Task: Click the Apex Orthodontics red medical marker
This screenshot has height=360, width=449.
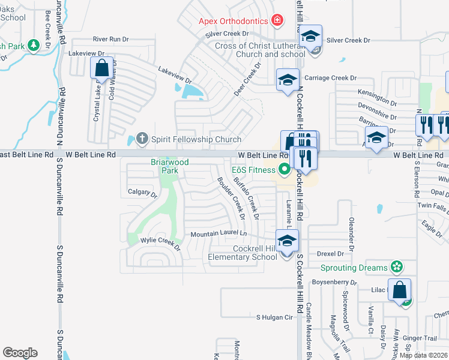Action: (277, 21)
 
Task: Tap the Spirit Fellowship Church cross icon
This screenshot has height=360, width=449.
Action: (142, 140)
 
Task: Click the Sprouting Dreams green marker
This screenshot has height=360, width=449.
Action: (396, 266)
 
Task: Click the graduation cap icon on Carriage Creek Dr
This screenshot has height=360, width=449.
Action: (288, 80)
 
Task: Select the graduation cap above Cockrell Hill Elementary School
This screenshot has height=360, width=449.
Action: (288, 241)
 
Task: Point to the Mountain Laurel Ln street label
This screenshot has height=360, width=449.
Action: (218, 233)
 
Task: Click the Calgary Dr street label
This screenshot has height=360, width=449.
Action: (142, 193)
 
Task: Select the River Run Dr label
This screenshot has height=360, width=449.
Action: (110, 39)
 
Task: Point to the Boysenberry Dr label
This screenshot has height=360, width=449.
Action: (334, 281)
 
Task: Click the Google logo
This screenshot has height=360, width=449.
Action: (20, 353)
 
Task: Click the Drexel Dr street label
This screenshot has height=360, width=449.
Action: (330, 254)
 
